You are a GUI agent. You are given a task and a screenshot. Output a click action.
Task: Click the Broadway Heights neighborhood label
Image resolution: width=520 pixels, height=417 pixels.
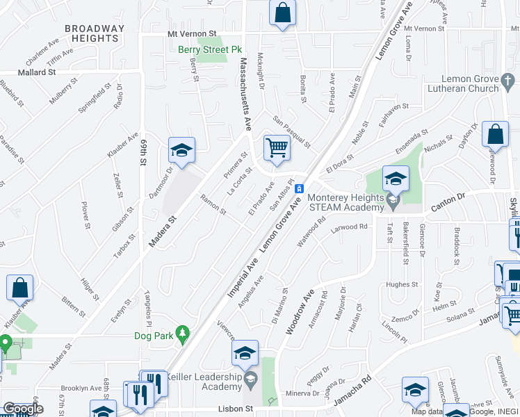tap(95, 34)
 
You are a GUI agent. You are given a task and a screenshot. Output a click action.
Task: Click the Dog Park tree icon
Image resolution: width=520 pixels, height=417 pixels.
tap(182, 335)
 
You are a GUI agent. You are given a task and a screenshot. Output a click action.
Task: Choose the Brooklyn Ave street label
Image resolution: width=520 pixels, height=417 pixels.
tap(81, 388)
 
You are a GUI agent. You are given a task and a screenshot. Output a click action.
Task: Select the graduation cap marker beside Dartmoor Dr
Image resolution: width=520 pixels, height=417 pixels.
tap(181, 151)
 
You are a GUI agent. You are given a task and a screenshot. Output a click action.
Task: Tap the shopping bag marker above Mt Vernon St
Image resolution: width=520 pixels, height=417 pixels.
tap(282, 13)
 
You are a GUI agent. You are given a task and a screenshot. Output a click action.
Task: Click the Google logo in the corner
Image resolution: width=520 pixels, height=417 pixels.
tap(22, 409)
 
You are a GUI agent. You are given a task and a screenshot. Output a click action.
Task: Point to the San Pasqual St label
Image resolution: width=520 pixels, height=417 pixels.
tap(291, 131)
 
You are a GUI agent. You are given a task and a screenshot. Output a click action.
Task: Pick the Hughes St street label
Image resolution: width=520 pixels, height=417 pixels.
tap(402, 284)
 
